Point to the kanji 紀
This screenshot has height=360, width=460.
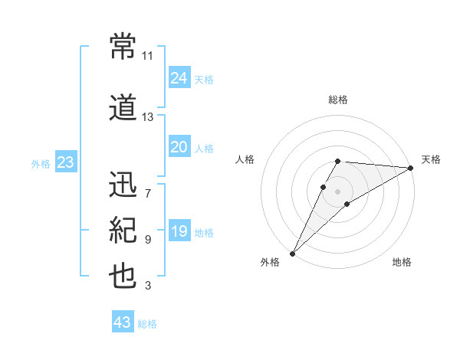click(x=123, y=229)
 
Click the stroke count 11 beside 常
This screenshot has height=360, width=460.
click(x=148, y=56)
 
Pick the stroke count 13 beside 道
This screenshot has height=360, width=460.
click(x=148, y=117)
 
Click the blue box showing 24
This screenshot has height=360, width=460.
click(x=179, y=78)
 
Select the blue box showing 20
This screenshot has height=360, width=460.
click(x=179, y=147)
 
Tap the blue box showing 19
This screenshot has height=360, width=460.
click(x=179, y=231)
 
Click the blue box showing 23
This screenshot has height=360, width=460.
click(x=65, y=162)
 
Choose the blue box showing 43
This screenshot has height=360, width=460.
click(x=123, y=322)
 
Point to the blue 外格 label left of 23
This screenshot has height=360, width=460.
click(x=41, y=163)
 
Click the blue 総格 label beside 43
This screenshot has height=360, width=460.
click(x=147, y=323)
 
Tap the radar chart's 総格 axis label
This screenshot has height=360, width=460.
click(x=338, y=100)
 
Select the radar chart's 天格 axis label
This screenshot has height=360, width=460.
click(x=431, y=159)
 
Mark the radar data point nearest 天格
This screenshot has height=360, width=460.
click(x=411, y=168)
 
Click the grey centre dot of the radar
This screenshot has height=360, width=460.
click(x=337, y=189)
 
